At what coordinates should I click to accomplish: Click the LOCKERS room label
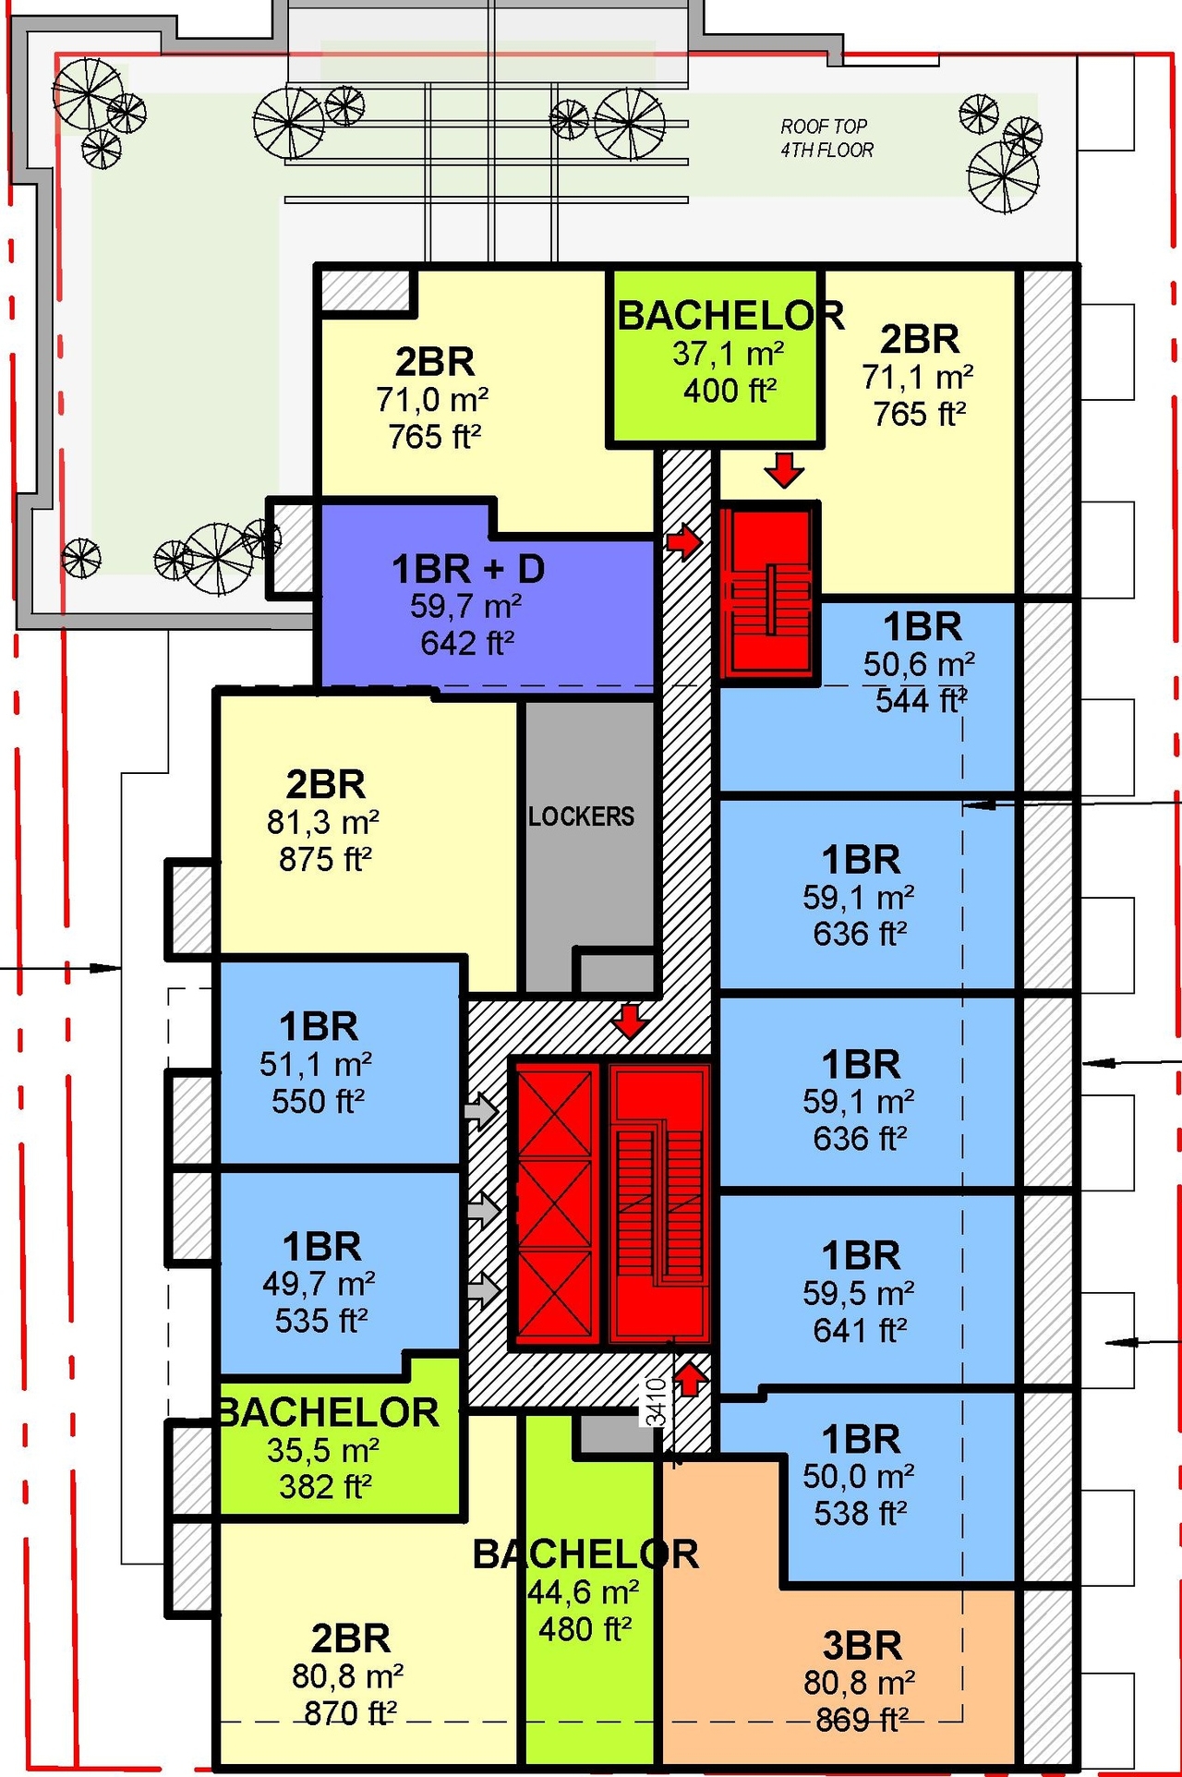click(x=582, y=816)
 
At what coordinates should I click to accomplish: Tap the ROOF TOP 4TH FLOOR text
click(x=826, y=139)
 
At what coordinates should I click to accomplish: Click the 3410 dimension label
click(x=656, y=1402)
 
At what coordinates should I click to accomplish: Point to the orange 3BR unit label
click(x=862, y=1646)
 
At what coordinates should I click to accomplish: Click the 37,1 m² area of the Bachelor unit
click(x=729, y=354)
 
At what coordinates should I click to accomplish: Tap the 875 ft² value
click(x=325, y=860)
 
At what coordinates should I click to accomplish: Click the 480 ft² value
click(x=585, y=1629)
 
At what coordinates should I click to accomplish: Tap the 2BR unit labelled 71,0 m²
click(x=434, y=397)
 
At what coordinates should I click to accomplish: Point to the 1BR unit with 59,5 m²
click(x=861, y=1293)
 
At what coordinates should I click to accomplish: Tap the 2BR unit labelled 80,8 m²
click(x=350, y=1676)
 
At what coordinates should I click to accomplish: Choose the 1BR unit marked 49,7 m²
click(x=320, y=1284)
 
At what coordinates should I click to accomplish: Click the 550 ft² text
click(x=318, y=1101)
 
